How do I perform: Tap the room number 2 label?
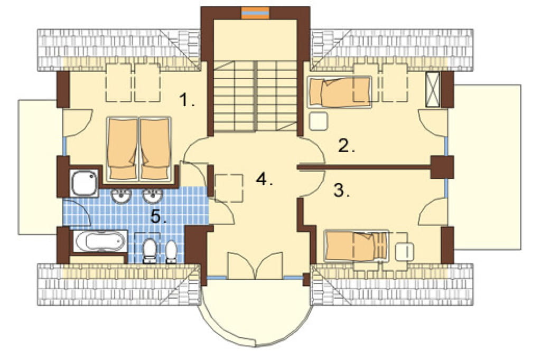346,146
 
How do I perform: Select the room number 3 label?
341,191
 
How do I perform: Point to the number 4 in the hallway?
264,179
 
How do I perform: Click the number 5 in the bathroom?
158,217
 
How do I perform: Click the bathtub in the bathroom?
100,241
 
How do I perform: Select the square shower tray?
84,183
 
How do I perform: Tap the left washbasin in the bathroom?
121,196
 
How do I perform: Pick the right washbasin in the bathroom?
153,196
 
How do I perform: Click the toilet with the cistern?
150,251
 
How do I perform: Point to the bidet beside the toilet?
172,252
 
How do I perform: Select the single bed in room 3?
356,246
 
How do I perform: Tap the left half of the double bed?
122,149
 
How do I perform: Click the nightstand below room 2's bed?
318,121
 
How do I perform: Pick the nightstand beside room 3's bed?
404,252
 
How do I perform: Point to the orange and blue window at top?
255,13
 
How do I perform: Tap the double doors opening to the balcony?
255,266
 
